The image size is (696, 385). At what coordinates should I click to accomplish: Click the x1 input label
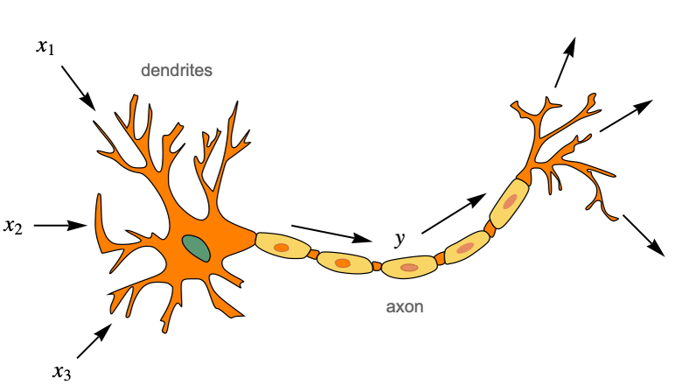pyautogui.click(x=45, y=46)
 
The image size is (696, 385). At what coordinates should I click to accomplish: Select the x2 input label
pyautogui.click(x=13, y=226)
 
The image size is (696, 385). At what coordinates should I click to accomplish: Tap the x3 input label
pyautogui.click(x=61, y=372)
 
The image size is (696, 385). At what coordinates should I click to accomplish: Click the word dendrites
pyautogui.click(x=177, y=70)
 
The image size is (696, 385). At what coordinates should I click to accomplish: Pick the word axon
pyautogui.click(x=405, y=308)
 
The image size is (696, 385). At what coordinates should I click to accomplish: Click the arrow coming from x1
pyautogui.click(x=79, y=87)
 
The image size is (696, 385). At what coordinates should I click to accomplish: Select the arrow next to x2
pyautogui.click(x=60, y=226)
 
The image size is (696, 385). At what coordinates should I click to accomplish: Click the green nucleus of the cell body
pyautogui.click(x=196, y=248)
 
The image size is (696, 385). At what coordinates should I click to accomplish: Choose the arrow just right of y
pyautogui.click(x=452, y=214)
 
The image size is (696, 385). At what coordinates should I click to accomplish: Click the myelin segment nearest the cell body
pyautogui.click(x=282, y=248)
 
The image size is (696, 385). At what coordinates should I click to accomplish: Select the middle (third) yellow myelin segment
pyautogui.click(x=408, y=266)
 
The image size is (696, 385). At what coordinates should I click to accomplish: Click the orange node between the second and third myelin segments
pyautogui.click(x=377, y=265)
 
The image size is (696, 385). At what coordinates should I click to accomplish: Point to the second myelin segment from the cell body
pyautogui.click(x=344, y=262)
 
